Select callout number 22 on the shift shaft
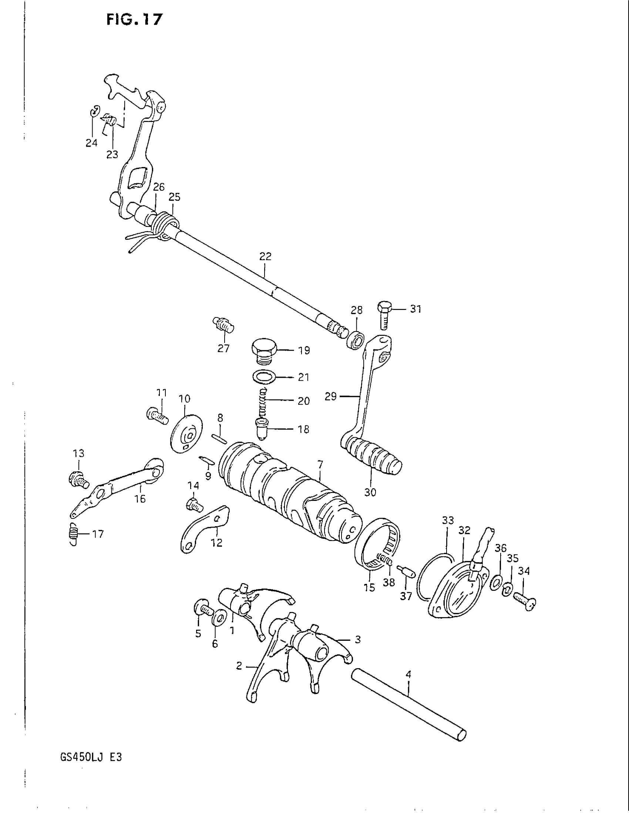[265, 256]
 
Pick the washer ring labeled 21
[264, 377]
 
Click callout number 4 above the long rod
[408, 674]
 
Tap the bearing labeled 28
[356, 340]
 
